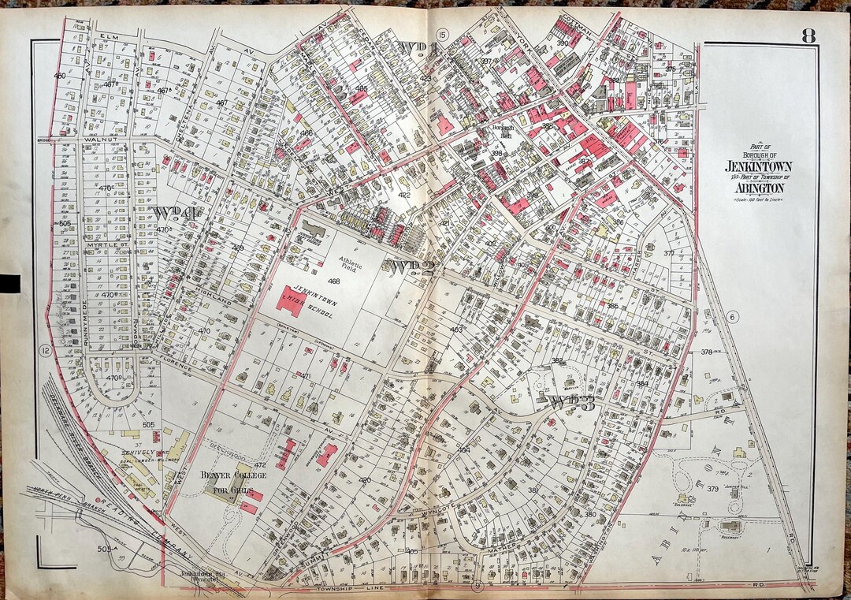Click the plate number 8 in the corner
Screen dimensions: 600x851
tap(808, 35)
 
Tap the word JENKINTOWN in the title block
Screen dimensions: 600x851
tap(760, 168)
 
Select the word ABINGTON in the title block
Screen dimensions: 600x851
tap(760, 189)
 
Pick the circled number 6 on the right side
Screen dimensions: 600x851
tap(732, 317)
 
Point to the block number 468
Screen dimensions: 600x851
tap(334, 281)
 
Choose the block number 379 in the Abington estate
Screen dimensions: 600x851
tap(712, 489)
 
